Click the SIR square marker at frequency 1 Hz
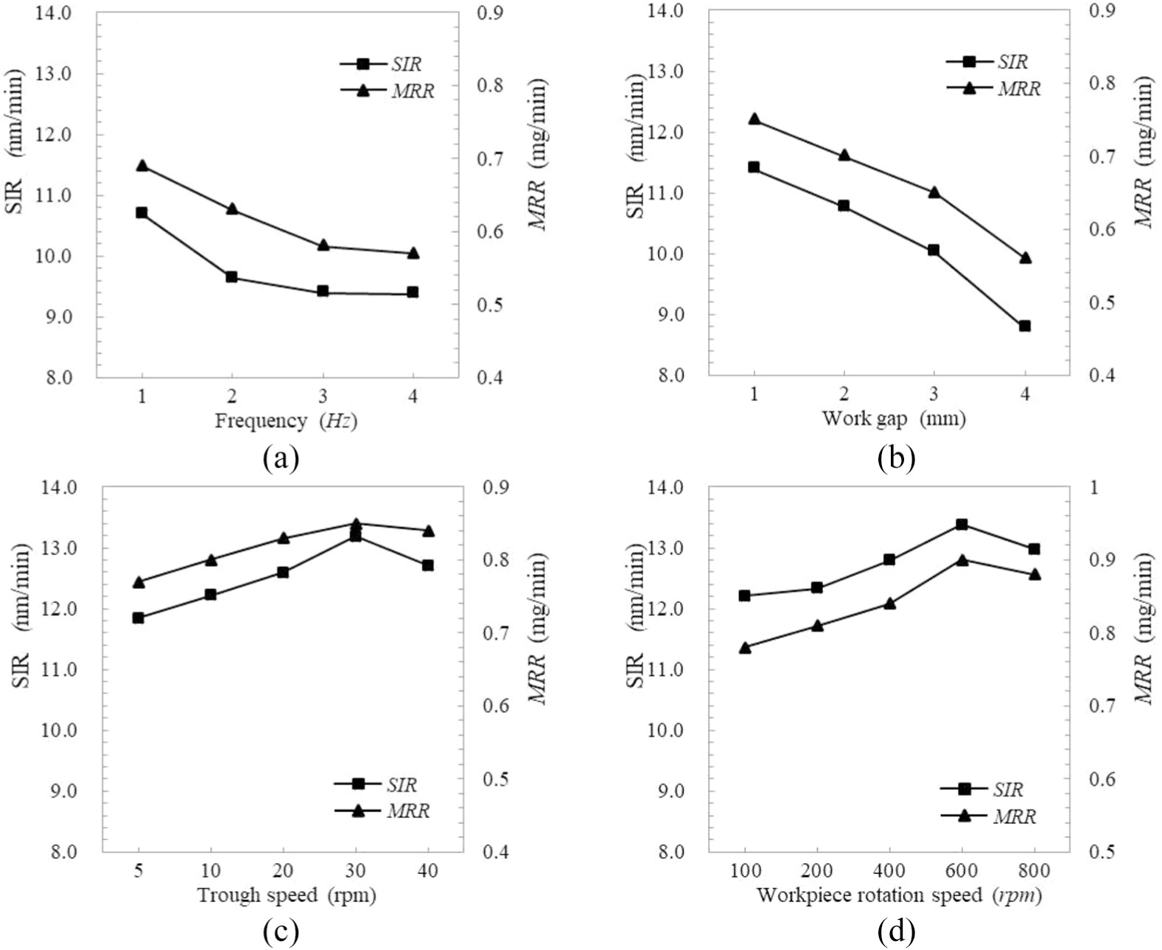[141, 213]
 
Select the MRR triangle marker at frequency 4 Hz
[413, 253]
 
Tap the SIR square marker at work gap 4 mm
[1025, 326]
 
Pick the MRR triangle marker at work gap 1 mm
[755, 119]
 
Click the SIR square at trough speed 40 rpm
[428, 565]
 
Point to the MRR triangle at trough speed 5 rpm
[139, 582]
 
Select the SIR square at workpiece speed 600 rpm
[962, 524]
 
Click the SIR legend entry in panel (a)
[381, 64]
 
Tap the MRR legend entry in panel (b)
[993, 88]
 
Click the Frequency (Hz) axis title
[286, 421]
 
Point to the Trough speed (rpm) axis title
[287, 895]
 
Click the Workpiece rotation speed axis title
[899, 895]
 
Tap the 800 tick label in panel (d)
[1035, 871]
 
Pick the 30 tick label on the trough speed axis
[356, 871]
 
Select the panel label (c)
[281, 932]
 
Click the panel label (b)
[896, 458]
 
